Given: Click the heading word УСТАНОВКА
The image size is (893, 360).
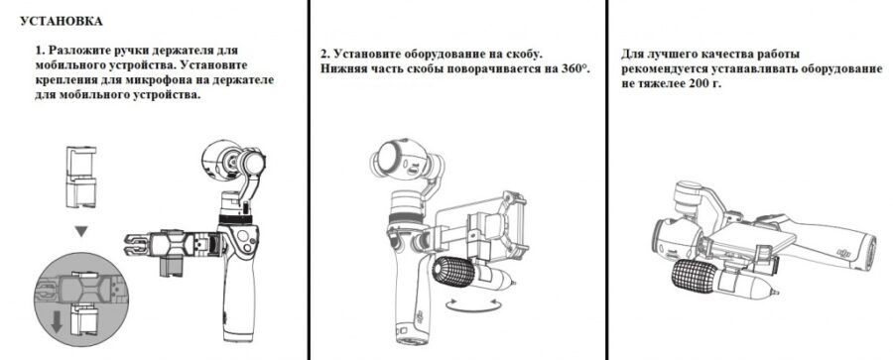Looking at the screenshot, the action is tap(62, 22).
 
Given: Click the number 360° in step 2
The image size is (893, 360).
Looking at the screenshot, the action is tap(574, 68).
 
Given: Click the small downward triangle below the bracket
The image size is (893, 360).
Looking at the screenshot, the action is tap(81, 231).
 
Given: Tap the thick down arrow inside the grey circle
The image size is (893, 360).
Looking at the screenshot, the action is tap(57, 321).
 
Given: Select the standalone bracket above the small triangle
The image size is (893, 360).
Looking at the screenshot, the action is tap(81, 177).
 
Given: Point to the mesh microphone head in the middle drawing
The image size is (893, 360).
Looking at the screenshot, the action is tap(453, 273).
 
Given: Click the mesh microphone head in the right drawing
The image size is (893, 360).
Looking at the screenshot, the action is tap(694, 277).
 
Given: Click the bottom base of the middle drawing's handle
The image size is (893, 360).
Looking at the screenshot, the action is tap(411, 339).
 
